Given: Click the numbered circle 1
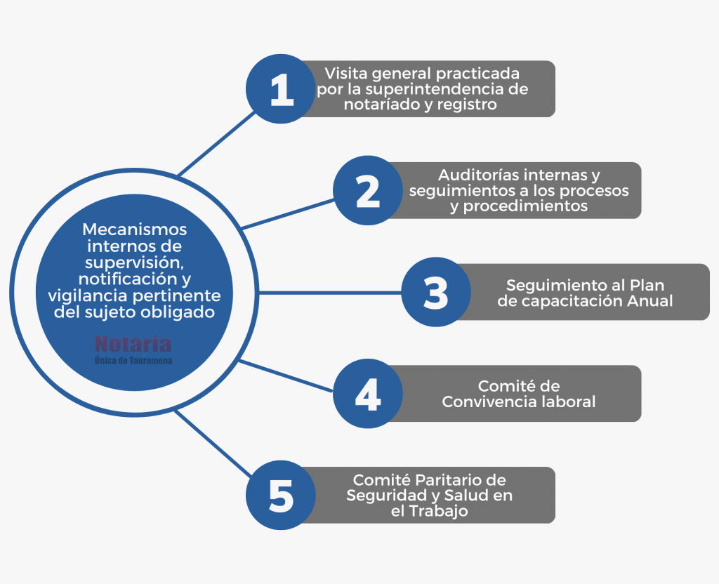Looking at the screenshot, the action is [x=281, y=89].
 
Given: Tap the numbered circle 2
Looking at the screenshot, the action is [x=368, y=190].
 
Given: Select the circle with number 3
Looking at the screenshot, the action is [x=436, y=292].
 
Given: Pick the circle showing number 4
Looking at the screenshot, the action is [x=368, y=394].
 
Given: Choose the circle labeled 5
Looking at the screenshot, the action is [x=281, y=496].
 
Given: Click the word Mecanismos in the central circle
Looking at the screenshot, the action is [x=134, y=230].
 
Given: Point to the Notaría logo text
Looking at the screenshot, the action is [x=133, y=343].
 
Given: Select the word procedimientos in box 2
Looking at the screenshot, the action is [x=525, y=206].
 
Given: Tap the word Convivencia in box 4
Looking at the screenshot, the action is [x=489, y=401].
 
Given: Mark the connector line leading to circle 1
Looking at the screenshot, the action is [x=216, y=143].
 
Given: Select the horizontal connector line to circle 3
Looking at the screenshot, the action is [x=330, y=293].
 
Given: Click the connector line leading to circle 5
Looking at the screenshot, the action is [x=213, y=444].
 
